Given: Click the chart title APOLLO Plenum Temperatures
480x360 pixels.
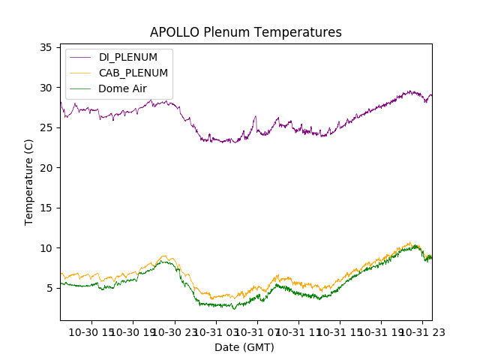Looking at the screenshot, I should [x=245, y=32].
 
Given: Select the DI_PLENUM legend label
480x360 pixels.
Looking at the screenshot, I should [x=128, y=57].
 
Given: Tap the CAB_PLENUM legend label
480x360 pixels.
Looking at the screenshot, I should [x=133, y=73].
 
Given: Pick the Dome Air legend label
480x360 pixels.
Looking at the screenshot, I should [x=123, y=88].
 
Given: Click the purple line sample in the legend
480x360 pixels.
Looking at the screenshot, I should [x=80, y=57].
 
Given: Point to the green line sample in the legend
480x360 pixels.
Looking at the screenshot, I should [x=80, y=88].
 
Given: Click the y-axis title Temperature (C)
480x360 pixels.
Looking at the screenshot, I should [x=29, y=182].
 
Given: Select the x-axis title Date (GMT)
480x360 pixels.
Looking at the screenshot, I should [x=244, y=347].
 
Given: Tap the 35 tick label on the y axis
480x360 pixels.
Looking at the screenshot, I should [x=45, y=47].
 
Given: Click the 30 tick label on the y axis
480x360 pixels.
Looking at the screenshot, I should [x=45, y=88].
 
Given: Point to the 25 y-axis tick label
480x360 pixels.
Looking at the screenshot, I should [x=45, y=127].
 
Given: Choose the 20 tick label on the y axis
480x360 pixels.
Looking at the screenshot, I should [x=45, y=168].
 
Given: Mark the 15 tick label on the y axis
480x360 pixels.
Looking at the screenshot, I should [x=45, y=208].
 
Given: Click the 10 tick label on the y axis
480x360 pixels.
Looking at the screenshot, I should [x=45, y=248].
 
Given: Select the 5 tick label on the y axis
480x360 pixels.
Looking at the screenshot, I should [x=48, y=288].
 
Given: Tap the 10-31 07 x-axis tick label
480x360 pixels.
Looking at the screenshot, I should [x=256, y=332].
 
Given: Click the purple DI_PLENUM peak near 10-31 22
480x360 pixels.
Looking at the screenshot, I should [x=411, y=91].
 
